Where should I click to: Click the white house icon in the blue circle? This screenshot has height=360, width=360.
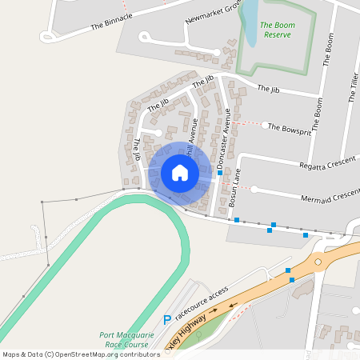pyautogui.click(x=180, y=173)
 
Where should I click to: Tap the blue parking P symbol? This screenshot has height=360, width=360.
pyautogui.click(x=167, y=319)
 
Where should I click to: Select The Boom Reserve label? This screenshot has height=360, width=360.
pyautogui.click(x=278, y=30)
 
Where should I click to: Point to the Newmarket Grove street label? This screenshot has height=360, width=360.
pyautogui.click(x=213, y=15)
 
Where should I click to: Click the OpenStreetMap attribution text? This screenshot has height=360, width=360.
pyautogui.click(x=81, y=354)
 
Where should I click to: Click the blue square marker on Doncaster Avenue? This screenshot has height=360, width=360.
pyautogui.click(x=220, y=172)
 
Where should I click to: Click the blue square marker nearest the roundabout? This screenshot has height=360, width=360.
pyautogui.click(x=306, y=235)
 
